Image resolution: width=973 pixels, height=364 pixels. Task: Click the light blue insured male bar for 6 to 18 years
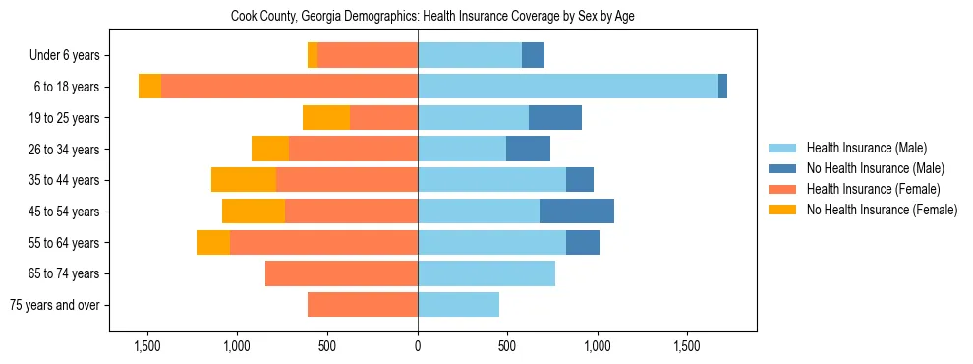(x=568, y=87)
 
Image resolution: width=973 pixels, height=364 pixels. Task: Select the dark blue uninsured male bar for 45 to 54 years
(x=577, y=211)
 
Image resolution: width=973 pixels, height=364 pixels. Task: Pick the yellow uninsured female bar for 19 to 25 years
(x=326, y=118)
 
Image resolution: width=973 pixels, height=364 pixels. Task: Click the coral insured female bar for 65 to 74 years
(x=341, y=273)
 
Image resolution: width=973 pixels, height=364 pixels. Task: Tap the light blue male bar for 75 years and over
(x=458, y=305)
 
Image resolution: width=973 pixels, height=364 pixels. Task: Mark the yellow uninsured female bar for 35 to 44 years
(x=244, y=180)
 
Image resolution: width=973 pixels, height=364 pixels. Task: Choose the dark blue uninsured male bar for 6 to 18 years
(x=722, y=87)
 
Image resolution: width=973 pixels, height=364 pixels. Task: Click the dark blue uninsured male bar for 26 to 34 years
(x=528, y=149)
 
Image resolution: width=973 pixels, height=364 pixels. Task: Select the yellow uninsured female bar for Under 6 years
(x=313, y=56)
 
